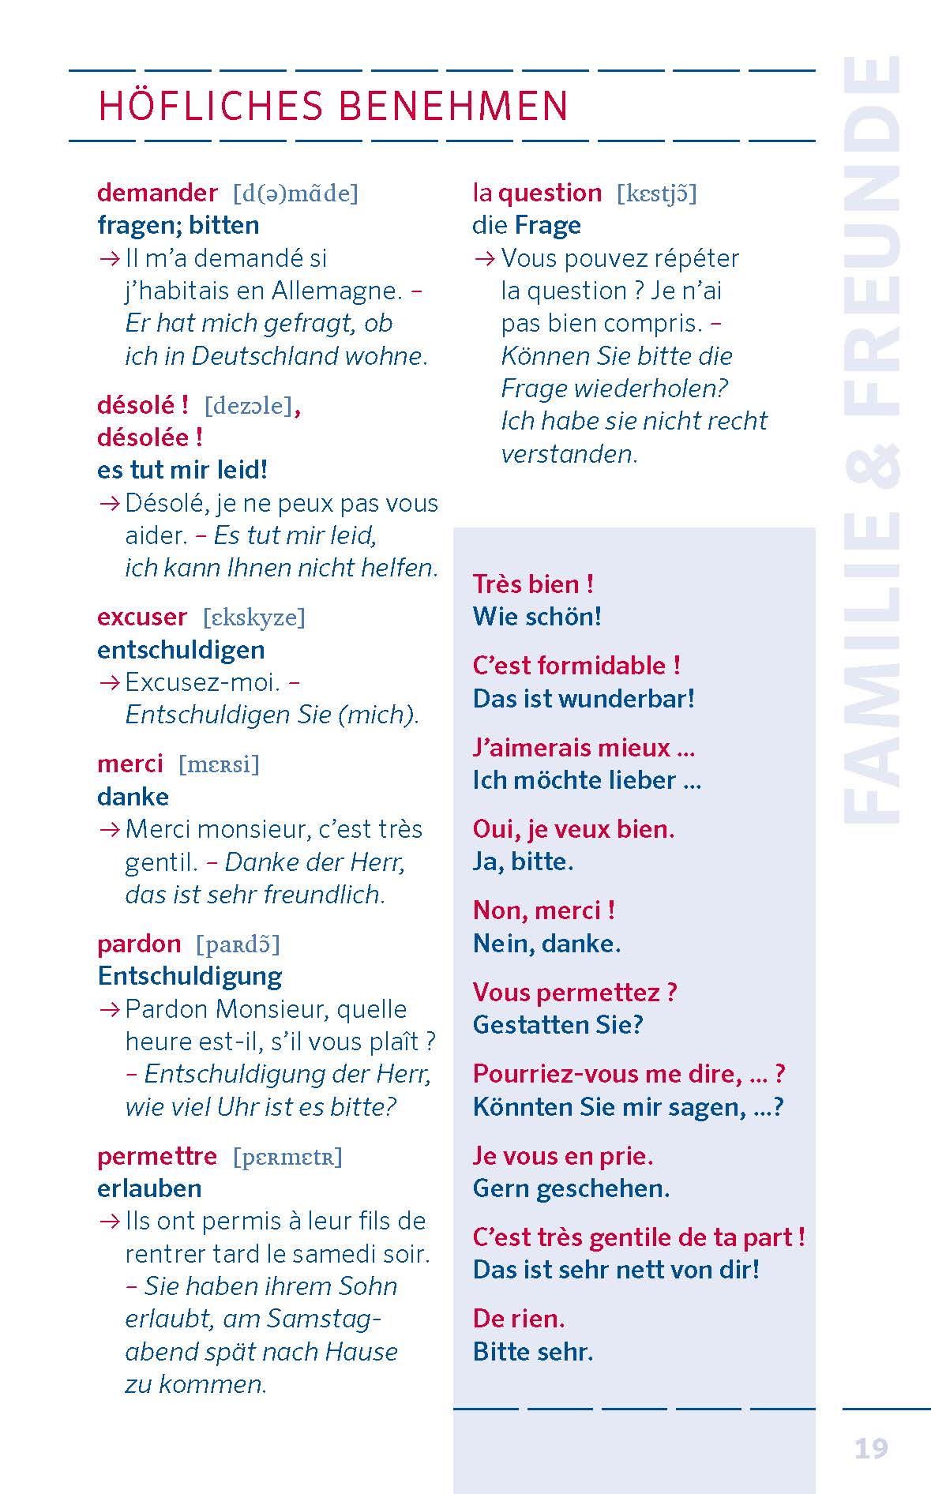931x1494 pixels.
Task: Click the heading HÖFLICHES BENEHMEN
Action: tap(332, 107)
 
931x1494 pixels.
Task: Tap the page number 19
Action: tap(871, 1447)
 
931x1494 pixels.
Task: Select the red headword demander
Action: tap(157, 193)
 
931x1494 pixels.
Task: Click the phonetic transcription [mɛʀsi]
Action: tap(219, 764)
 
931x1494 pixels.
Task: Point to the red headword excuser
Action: tap(142, 617)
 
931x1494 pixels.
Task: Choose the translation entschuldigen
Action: tap(181, 650)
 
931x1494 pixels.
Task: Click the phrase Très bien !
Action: tap(533, 584)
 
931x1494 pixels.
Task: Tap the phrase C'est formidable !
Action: tap(576, 666)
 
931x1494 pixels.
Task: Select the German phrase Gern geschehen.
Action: tap(571, 1188)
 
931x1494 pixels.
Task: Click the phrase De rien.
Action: tap(519, 1319)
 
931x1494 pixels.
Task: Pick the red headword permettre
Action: tap(157, 1156)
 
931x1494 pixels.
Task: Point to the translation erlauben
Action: tap(149, 1188)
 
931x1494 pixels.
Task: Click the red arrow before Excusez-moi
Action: tap(109, 682)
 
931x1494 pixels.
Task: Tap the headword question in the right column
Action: tap(550, 193)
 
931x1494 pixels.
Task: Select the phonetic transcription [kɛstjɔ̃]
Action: tap(657, 193)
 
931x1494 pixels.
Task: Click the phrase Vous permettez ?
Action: tap(575, 993)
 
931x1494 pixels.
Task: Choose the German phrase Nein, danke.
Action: tap(546, 944)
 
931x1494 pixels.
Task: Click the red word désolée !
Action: tap(150, 437)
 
